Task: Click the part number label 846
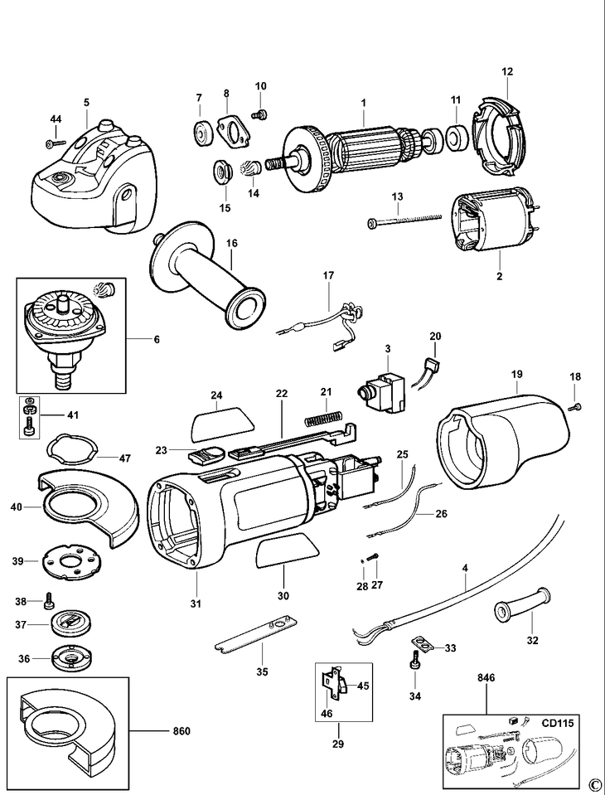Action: click(487, 677)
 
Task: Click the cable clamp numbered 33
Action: click(421, 642)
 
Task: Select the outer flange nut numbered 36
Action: click(71, 659)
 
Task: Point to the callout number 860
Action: click(181, 731)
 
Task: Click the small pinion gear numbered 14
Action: click(251, 169)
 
